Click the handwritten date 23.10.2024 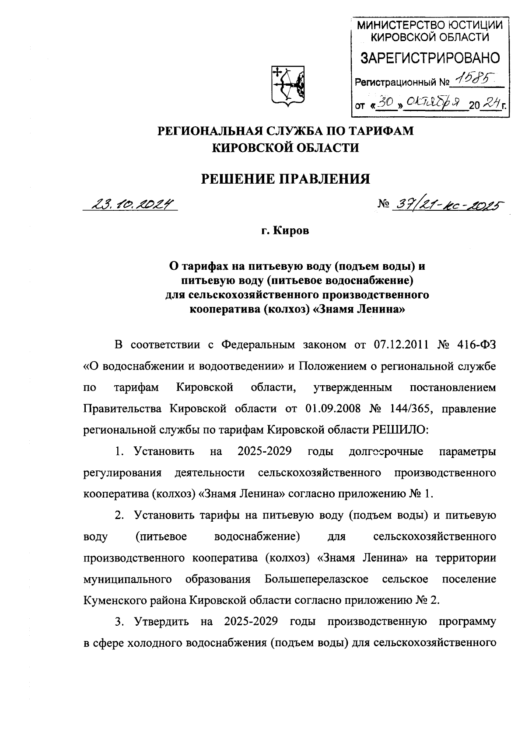(131, 204)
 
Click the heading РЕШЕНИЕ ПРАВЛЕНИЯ (285, 179)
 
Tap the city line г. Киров (285, 231)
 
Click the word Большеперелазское (316, 579)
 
